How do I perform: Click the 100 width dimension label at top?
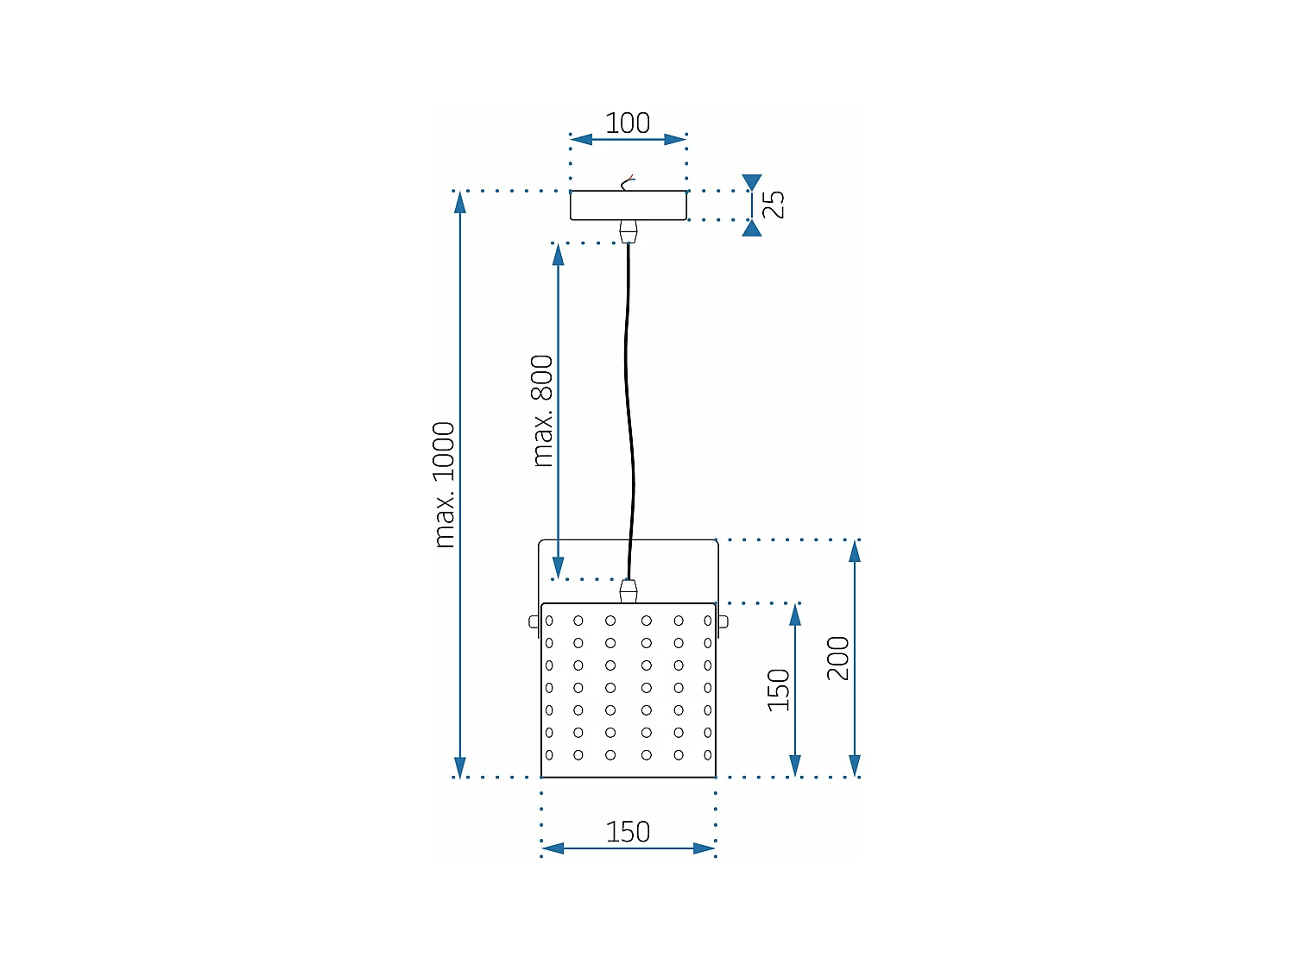tap(628, 123)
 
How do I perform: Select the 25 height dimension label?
tap(774, 205)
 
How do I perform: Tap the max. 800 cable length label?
tap(542, 411)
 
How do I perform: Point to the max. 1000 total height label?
tap(444, 484)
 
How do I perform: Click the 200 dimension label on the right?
tap(838, 658)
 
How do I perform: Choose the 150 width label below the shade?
tap(628, 832)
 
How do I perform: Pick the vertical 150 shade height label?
tap(779, 690)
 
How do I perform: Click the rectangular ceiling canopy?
tap(629, 205)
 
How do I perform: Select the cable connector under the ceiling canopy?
tap(629, 231)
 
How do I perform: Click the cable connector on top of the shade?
tap(629, 591)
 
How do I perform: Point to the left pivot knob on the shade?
tap(534, 621)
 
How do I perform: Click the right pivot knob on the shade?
tap(723, 621)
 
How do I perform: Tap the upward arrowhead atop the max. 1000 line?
tap(460, 202)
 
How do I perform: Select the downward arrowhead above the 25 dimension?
tap(752, 182)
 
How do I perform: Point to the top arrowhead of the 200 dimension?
tap(855, 551)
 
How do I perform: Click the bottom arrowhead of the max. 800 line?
tap(559, 569)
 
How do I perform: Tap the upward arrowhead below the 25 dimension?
tap(752, 229)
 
